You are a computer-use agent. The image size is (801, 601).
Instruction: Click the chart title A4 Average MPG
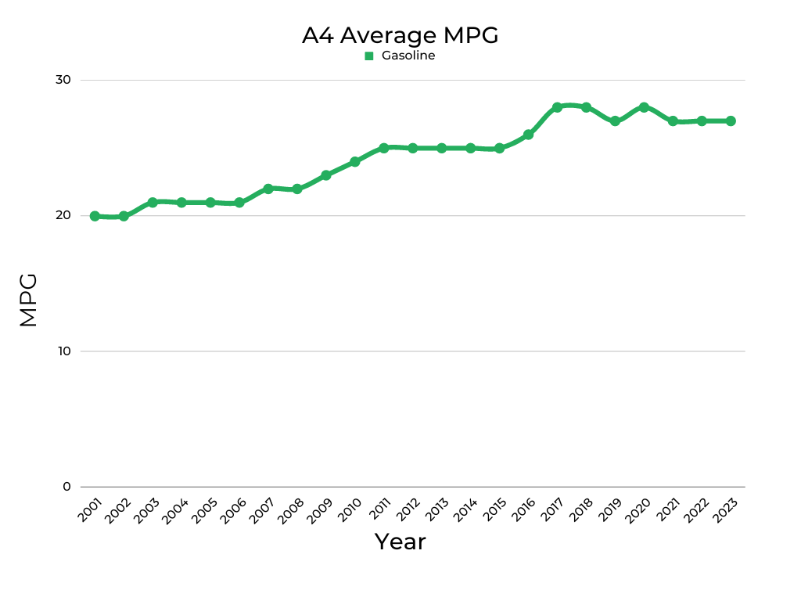[x=400, y=35]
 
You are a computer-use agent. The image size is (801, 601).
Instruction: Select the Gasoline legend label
[x=408, y=56]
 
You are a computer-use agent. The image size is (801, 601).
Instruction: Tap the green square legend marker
[x=369, y=56]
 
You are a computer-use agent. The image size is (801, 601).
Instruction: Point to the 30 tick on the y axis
[x=63, y=80]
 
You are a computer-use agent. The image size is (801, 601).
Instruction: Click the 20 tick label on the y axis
[x=63, y=215]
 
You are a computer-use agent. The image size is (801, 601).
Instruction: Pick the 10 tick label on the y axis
[x=63, y=351]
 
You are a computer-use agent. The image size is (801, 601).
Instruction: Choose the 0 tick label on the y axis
[x=66, y=486]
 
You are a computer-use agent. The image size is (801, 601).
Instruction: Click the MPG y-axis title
[x=28, y=300]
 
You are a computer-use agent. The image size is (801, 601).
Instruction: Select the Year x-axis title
[x=400, y=542]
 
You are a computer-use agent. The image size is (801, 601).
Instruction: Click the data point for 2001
[x=95, y=216]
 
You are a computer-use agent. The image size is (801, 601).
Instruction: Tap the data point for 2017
[x=557, y=107]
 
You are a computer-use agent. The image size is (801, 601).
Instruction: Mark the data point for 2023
[x=731, y=121]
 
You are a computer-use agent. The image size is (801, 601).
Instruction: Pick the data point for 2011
[x=384, y=148]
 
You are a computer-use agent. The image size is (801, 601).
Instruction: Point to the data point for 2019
[x=615, y=121]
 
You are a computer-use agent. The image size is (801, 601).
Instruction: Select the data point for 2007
[x=268, y=189]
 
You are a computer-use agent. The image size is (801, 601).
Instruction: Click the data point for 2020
[x=644, y=107]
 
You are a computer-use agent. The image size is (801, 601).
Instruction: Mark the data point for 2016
[x=528, y=135]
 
